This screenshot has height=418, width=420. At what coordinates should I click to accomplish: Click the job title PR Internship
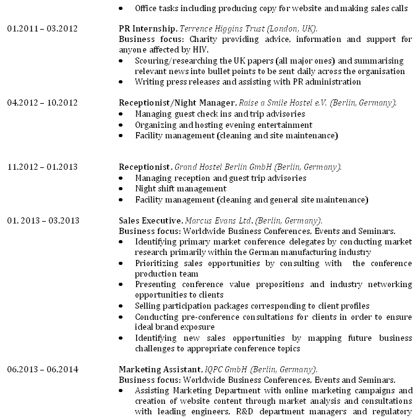[x=148, y=29]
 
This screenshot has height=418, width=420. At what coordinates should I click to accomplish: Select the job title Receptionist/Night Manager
[x=176, y=102]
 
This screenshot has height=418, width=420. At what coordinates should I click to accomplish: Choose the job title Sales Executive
[x=150, y=220]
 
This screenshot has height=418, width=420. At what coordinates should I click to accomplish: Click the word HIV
[x=201, y=50]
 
